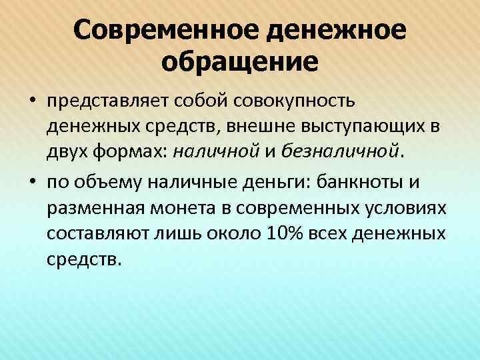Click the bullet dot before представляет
pyautogui.click(x=33, y=102)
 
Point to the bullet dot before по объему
pyautogui.click(x=33, y=180)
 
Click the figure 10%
pyautogui.click(x=283, y=231)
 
